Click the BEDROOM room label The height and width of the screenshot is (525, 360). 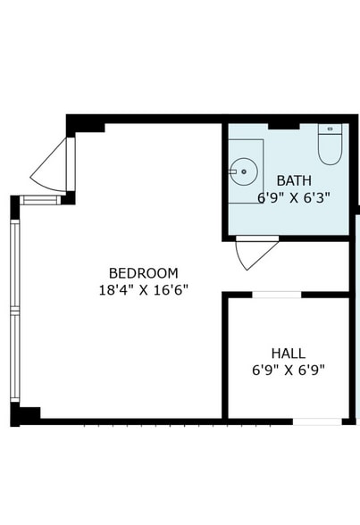pos(143,272)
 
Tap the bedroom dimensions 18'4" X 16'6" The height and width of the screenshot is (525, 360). pos(143,289)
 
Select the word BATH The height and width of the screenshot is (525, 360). pos(294,180)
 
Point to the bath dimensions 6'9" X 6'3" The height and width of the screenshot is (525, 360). pos(294,197)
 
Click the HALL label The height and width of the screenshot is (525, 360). pos(288,353)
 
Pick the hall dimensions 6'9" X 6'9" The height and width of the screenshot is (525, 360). pos(288,370)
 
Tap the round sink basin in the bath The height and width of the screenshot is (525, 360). pos(241,170)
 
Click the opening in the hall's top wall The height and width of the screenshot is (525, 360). pos(277,294)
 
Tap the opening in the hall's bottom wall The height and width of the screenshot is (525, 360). pos(317,421)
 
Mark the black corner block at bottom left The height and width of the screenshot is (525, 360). pos(25,415)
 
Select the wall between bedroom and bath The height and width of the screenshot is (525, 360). pos(224,179)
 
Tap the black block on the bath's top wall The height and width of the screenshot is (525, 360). pos(283,124)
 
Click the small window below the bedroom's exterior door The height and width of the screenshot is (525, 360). pos(40,200)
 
